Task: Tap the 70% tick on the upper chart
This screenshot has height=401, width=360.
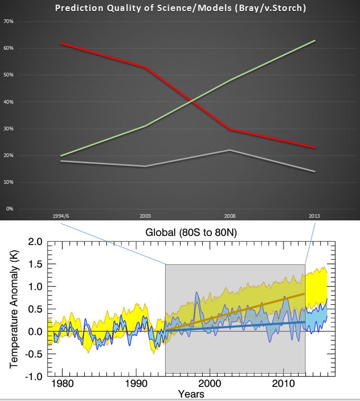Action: [9, 21]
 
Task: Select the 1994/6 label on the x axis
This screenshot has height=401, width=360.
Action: [61, 216]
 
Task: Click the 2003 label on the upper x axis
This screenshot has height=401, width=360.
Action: [145, 216]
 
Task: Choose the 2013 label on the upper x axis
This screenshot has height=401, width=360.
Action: [314, 216]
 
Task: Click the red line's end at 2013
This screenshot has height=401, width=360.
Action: [314, 148]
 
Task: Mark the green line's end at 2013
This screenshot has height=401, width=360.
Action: [314, 40]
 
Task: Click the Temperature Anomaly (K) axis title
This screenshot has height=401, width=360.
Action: [14, 308]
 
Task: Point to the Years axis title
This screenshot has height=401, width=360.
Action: [191, 394]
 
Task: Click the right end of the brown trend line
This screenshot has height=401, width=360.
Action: [304, 294]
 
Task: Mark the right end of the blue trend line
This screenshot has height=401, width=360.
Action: [304, 322]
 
